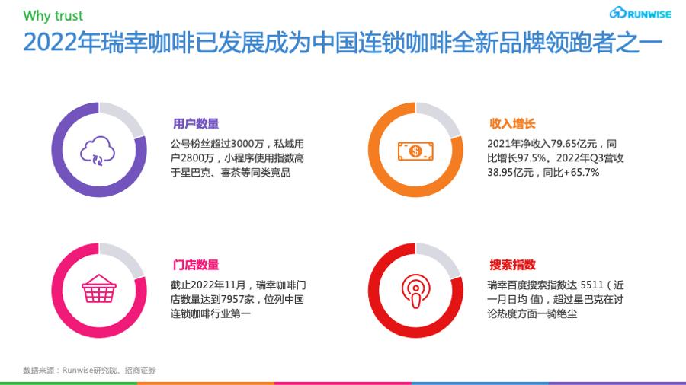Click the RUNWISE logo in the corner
point(640,14)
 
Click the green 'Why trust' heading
point(53,15)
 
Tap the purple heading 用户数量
point(196,124)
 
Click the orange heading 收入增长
point(512,124)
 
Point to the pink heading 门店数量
point(196,265)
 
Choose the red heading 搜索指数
point(512,265)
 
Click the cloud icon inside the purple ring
point(98,151)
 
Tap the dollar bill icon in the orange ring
point(415,151)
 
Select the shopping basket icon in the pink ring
point(98,290)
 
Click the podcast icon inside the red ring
point(415,290)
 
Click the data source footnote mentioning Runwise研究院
point(89,371)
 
